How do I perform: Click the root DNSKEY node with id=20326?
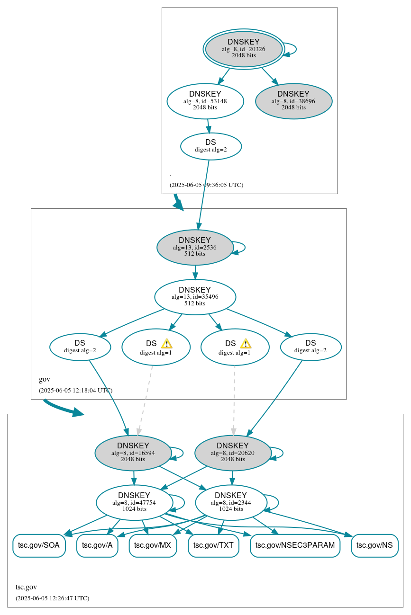244,49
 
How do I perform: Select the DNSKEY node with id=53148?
205,101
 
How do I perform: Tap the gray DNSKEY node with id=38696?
293,101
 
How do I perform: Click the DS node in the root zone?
210,146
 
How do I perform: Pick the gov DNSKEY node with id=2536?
195,247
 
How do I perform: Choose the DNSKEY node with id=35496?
195,297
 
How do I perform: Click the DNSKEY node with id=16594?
133,453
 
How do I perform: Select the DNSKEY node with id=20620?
233,453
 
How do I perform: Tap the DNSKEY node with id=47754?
134,503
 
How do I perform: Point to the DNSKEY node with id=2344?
231,503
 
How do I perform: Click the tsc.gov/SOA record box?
39,545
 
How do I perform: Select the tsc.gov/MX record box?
153,545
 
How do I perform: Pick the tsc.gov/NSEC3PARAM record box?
295,545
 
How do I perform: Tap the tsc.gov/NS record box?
374,545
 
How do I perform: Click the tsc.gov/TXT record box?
213,545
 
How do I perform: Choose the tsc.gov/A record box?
97,545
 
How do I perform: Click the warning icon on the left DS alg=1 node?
166,344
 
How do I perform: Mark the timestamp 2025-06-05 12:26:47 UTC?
52,598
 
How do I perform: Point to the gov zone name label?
45,379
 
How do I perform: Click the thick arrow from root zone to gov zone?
178,202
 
